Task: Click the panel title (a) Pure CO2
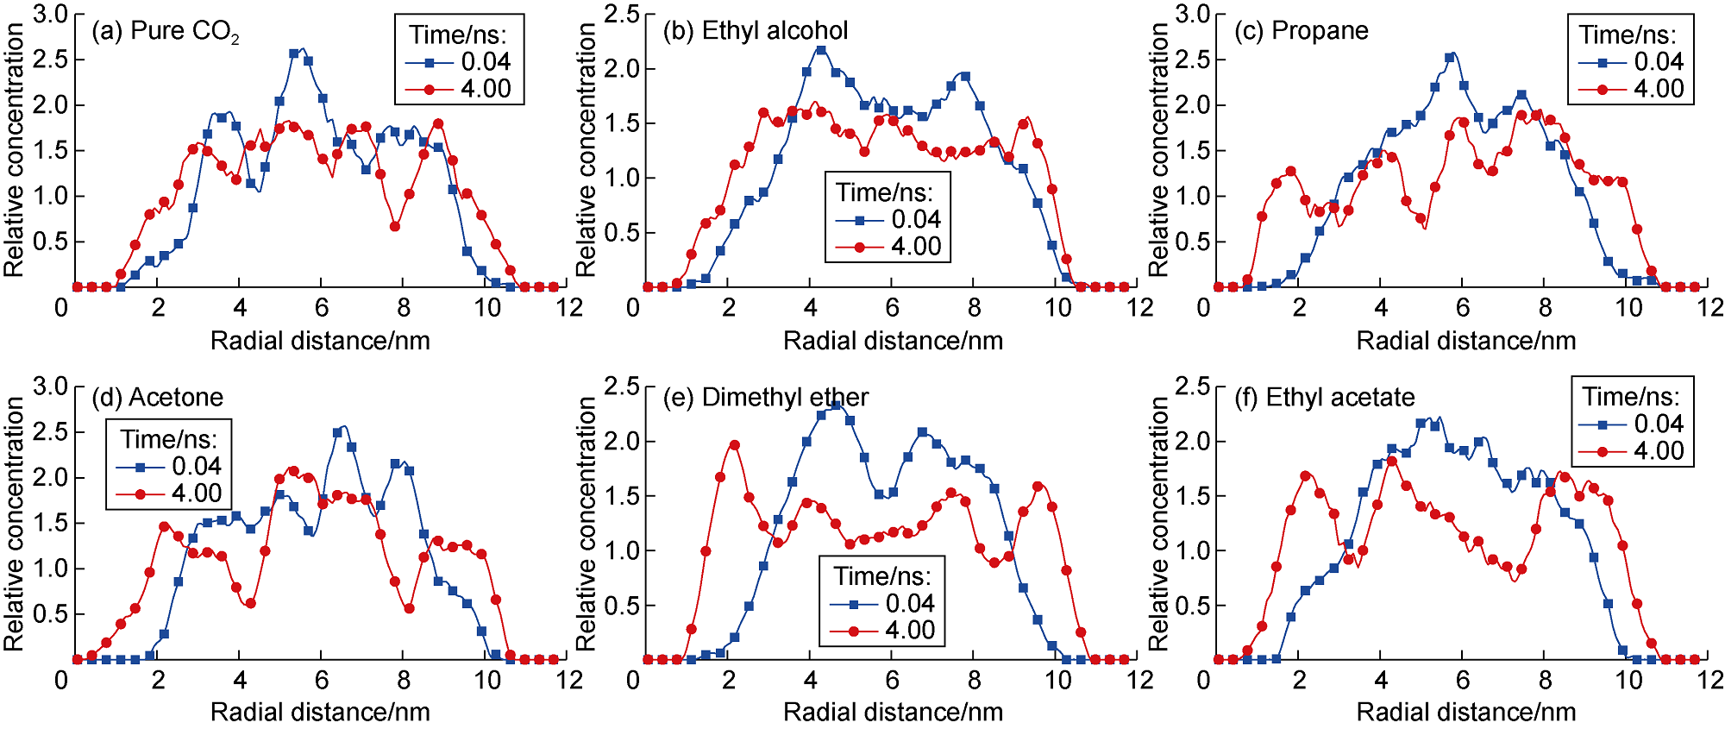pyautogui.click(x=165, y=32)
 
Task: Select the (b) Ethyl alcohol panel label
pyautogui.click(x=756, y=31)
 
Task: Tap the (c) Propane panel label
pyautogui.click(x=1302, y=31)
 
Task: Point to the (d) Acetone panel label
pyautogui.click(x=157, y=398)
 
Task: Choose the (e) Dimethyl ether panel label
pyautogui.click(x=766, y=398)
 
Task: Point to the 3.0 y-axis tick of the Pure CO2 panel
pyautogui.click(x=50, y=15)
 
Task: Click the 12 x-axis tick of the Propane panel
pyautogui.click(x=1709, y=308)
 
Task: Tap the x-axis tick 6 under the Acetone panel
pyautogui.click(x=322, y=681)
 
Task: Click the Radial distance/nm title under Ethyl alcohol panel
pyautogui.click(x=893, y=341)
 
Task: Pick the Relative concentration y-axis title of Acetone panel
pyautogui.click(x=14, y=523)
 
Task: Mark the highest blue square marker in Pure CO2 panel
pyautogui.click(x=294, y=53)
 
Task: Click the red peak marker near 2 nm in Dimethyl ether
pyautogui.click(x=734, y=445)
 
